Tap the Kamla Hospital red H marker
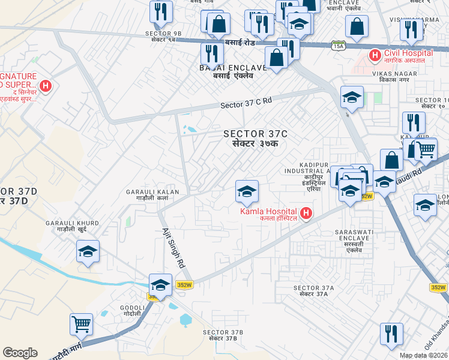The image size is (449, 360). (306, 213)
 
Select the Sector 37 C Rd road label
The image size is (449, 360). (246, 103)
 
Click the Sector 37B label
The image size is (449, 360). (223, 335)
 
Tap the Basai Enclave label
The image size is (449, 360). (226, 72)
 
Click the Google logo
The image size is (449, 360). (20, 353)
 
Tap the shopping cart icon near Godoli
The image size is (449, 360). (81, 325)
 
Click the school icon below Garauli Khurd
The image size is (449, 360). (88, 251)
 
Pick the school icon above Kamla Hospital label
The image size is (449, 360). (247, 191)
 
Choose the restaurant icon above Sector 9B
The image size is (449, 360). (161, 11)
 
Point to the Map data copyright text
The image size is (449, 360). (424, 355)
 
